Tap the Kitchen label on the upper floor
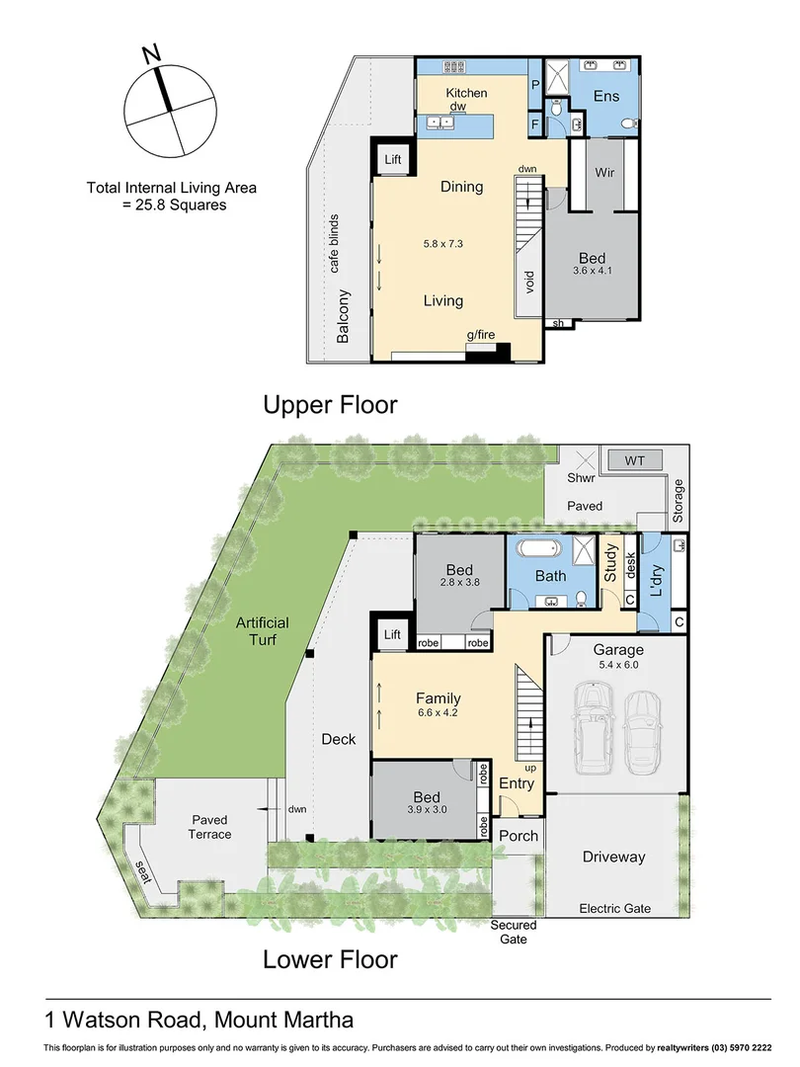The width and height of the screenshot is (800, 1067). (461, 93)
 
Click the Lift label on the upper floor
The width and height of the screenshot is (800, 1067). (392, 158)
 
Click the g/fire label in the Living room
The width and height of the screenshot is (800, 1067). (481, 336)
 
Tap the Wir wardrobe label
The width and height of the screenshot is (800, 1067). (605, 172)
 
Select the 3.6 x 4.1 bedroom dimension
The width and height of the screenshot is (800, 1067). (593, 269)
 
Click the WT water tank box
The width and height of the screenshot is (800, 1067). (633, 460)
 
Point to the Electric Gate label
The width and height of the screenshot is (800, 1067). (614, 908)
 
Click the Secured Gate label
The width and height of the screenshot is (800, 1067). (514, 932)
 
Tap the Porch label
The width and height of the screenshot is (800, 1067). (519, 836)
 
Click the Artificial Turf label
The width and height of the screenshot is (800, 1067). (262, 631)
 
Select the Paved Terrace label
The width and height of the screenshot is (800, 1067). (209, 827)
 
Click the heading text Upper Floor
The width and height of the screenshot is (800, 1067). (330, 404)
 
